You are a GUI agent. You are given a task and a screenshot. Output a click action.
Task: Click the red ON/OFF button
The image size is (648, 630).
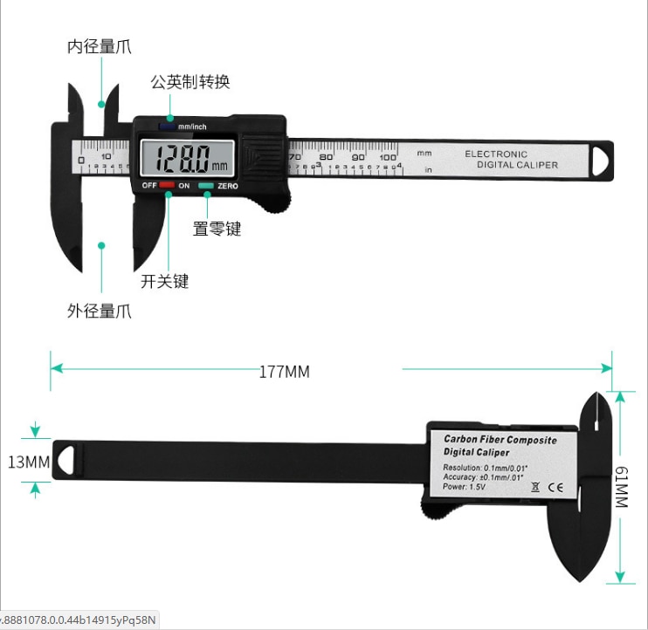coord(167,186)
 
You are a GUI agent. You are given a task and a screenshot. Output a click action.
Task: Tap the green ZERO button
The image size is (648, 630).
coord(206,186)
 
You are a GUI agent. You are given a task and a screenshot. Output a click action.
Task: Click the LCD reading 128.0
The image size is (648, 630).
coord(189,160)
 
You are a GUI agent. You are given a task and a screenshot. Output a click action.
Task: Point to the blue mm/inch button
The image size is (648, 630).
coord(167,126)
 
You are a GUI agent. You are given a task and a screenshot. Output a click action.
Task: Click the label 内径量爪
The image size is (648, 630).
coord(100,47)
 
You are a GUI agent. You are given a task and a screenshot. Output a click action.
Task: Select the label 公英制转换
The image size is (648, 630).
coord(190,82)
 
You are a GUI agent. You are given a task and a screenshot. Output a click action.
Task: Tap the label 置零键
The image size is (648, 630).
coord(217,229)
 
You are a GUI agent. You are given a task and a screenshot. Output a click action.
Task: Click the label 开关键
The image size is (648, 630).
coord(164,281)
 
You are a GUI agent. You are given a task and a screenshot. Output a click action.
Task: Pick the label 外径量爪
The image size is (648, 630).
coord(100,311)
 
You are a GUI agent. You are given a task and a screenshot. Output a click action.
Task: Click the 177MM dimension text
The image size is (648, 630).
coord(284,372)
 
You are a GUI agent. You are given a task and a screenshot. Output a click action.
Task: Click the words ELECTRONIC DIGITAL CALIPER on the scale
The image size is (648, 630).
coord(510,160)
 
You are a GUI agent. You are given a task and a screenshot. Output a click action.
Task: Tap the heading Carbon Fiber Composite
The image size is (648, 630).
coord(500,440)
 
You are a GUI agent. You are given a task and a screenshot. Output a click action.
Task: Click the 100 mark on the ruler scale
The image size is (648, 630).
coord(388,158)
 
